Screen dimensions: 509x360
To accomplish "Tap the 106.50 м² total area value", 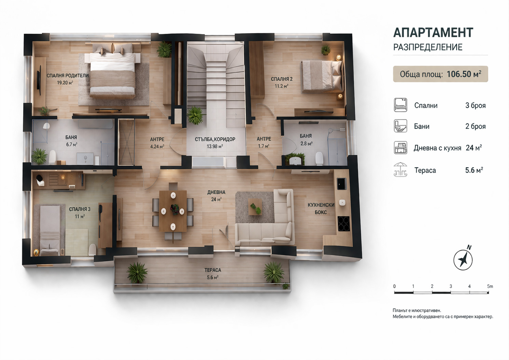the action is click(464, 74).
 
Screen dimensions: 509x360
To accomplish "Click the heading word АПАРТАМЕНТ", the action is click(433, 32).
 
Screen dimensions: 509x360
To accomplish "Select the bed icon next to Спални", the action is click(400, 105).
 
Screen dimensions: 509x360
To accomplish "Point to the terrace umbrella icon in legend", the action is click(400, 170).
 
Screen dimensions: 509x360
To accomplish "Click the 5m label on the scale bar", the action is click(490, 286).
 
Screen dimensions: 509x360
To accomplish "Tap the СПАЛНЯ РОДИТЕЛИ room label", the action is click(68, 76).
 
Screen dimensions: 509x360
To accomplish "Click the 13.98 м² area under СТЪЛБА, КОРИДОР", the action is click(214, 146).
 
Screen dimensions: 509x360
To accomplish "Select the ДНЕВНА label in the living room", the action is click(216, 192).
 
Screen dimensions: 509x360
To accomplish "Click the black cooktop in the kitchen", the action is click(343, 224).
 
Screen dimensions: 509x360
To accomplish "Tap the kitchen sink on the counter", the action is click(342, 184).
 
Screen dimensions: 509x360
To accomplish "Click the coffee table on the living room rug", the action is click(255, 207).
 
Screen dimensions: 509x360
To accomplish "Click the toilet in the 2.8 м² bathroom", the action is click(319, 158).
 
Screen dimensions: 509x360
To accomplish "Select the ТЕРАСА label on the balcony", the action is click(213, 270).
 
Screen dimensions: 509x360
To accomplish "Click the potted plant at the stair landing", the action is click(195, 116).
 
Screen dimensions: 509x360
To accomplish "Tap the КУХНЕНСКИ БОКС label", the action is click(321, 208).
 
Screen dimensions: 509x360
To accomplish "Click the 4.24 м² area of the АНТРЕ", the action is click(157, 147).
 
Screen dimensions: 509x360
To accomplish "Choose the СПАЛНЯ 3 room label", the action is click(80, 209).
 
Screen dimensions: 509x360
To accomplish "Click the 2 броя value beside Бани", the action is click(475, 126).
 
